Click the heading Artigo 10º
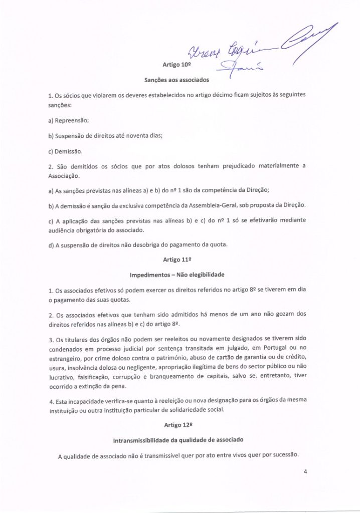pos(175,65)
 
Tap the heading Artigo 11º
pos(174,261)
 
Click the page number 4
pos(305,471)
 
